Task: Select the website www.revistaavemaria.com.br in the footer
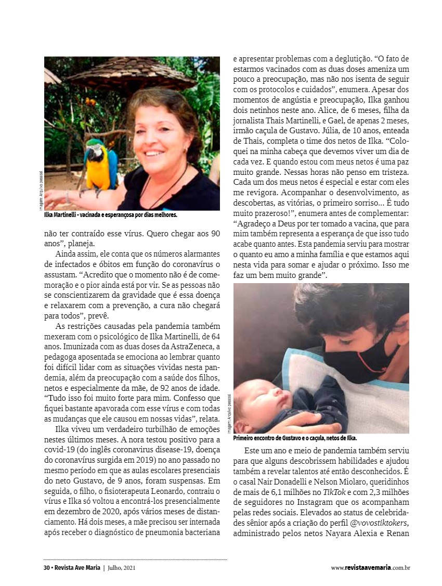point(370,568)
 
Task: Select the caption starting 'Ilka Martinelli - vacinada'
point(111,214)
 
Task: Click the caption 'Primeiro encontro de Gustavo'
point(295,439)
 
